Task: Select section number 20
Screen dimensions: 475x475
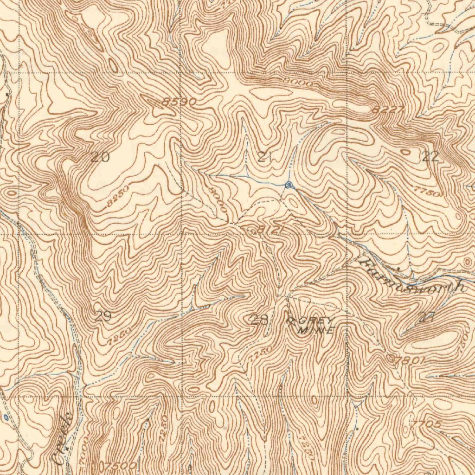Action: click(100, 157)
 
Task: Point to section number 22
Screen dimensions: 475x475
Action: click(430, 157)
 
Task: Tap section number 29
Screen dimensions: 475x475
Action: click(103, 317)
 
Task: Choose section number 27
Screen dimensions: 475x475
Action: click(426, 318)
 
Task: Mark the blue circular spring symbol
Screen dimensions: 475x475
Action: click(289, 185)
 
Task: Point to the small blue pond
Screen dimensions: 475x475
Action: click(6, 417)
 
